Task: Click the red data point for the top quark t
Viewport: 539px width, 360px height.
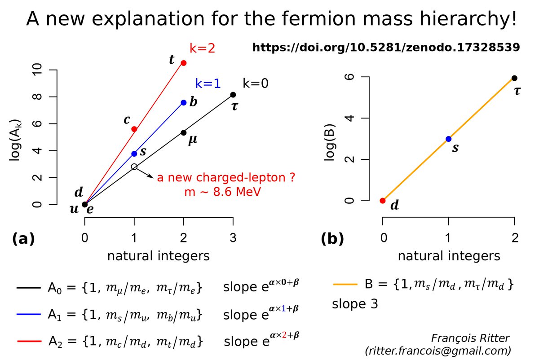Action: pos(183,63)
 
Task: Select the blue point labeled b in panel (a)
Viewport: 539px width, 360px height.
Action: pos(183,102)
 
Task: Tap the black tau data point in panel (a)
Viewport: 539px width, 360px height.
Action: pos(233,95)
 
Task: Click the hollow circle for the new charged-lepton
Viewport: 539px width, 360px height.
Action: pos(134,167)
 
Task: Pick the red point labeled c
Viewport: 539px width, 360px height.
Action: pos(134,129)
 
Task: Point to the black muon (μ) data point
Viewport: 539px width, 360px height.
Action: pos(183,132)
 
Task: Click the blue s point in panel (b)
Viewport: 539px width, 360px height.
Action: pos(448,139)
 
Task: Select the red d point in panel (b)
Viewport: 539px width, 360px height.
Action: pos(383,201)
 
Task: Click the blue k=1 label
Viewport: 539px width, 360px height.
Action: pos(208,83)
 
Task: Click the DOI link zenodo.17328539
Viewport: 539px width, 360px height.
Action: pos(386,47)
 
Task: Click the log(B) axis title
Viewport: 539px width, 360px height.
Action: pos(331,139)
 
